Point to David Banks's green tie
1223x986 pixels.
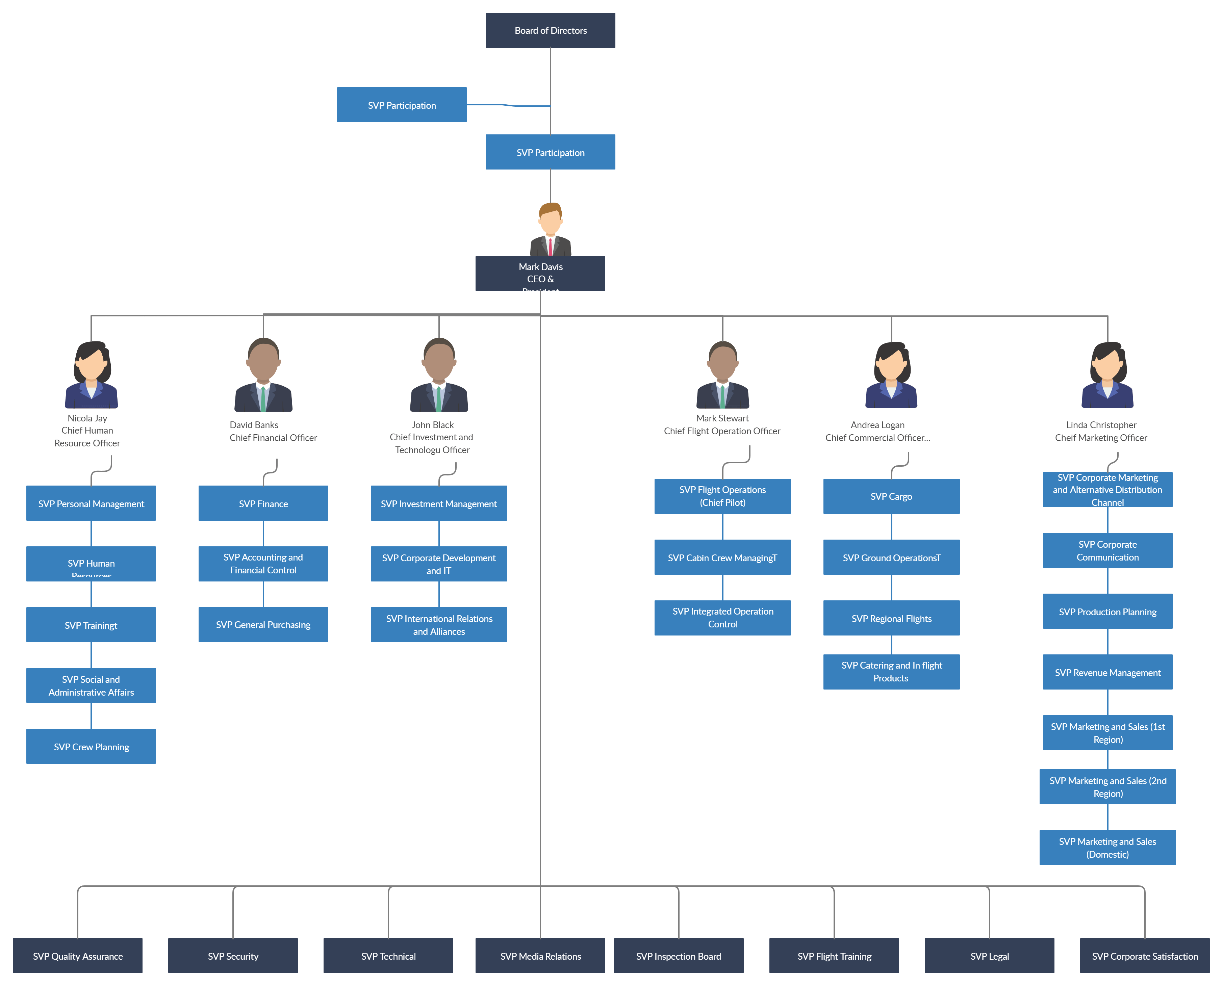coord(263,399)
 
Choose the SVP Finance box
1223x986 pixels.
coord(263,503)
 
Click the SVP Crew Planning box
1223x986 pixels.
coord(91,746)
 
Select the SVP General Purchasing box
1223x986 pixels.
coord(263,625)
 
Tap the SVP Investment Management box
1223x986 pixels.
coord(438,503)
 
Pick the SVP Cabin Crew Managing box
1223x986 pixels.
coord(722,557)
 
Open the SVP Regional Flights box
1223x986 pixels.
coord(891,618)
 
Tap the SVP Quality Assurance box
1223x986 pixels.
coord(78,956)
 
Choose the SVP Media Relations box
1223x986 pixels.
coord(540,956)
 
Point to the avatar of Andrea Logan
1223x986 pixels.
coord(891,375)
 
